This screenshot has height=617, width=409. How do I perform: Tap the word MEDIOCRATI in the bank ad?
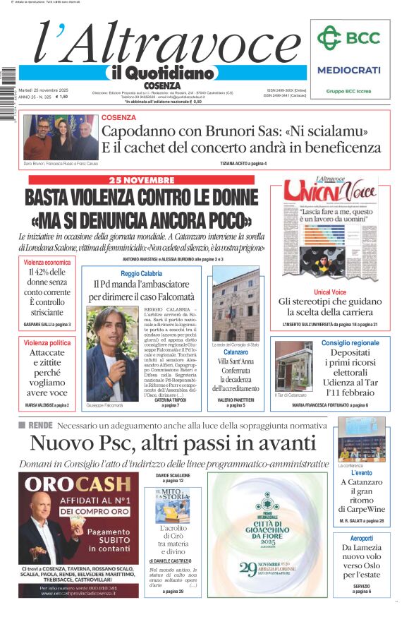pos(348,70)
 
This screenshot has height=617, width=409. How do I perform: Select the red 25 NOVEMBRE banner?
pos(141,180)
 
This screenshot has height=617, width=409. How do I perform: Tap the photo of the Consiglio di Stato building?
pos(236,304)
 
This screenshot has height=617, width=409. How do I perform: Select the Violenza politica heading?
pos(47,342)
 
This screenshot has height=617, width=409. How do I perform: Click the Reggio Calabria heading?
pos(141,273)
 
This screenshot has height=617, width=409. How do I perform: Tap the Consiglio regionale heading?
pos(350,342)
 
